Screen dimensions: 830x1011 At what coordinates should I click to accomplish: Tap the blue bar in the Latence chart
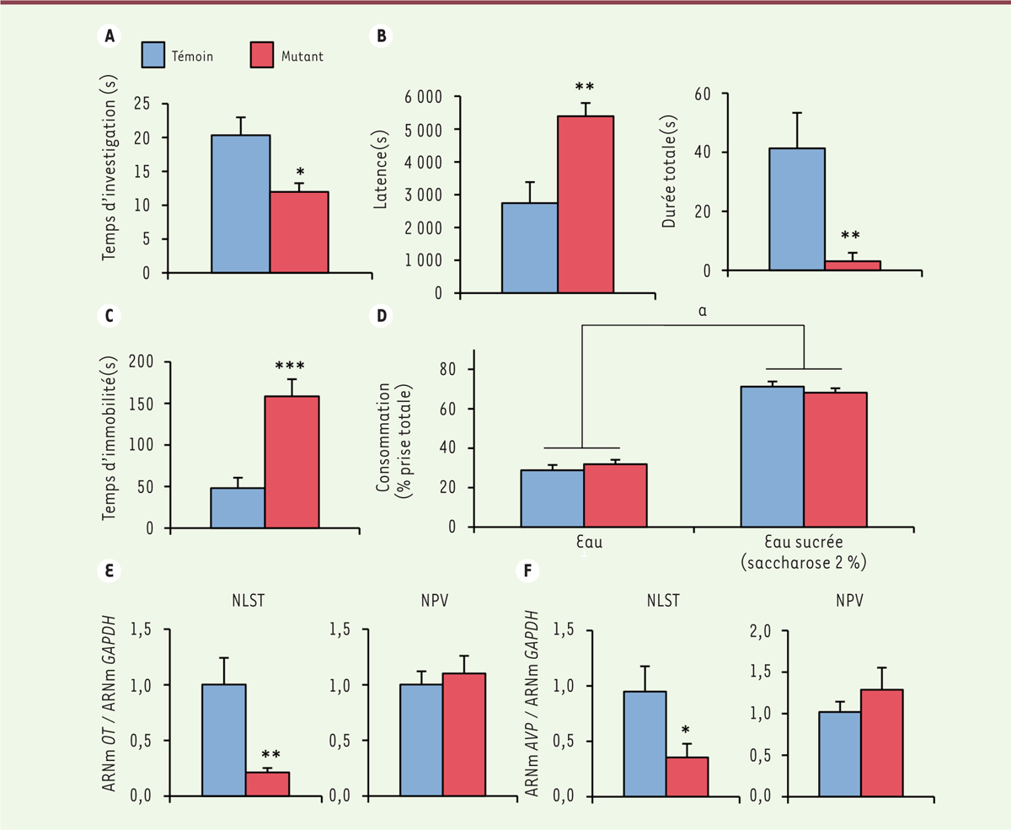(529, 248)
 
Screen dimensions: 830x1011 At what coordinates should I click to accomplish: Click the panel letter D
(381, 317)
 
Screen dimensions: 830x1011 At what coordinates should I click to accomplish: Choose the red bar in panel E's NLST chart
(267, 784)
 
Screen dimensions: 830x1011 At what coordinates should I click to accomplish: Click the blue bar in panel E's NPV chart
(421, 740)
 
